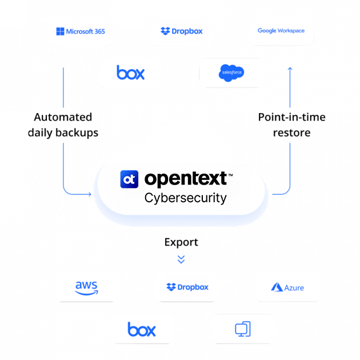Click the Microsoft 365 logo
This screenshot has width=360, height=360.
(81, 31)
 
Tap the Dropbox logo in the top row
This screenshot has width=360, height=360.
(181, 31)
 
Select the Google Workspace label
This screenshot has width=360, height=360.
(281, 30)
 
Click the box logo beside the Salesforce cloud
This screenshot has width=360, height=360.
(131, 73)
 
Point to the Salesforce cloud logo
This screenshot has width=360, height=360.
(231, 73)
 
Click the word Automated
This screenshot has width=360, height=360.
(63, 117)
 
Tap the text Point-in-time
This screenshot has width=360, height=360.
(292, 117)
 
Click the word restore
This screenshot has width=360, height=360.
(292, 133)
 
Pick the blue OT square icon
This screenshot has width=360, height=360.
(129, 179)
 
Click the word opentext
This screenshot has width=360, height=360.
(186, 178)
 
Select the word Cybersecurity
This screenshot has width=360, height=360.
(186, 198)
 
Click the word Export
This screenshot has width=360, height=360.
(181, 242)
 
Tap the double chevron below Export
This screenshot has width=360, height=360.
(181, 259)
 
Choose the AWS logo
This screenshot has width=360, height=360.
(86, 288)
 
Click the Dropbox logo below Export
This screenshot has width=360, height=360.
(187, 287)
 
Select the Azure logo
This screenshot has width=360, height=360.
(287, 287)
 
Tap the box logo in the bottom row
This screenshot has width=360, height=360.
(142, 329)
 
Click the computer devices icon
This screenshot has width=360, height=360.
(243, 329)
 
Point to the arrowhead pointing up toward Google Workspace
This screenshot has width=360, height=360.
(290, 69)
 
